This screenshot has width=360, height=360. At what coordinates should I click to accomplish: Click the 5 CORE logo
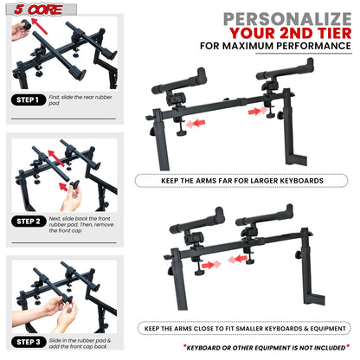coord(28,9)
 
